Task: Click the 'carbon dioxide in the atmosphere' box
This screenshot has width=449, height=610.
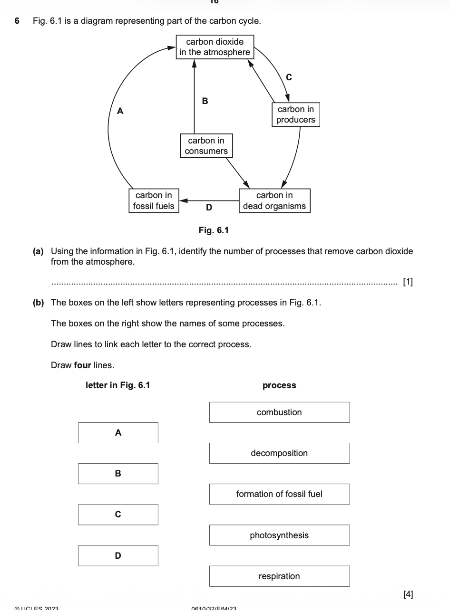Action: [x=215, y=47]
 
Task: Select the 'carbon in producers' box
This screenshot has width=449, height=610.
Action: [x=295, y=114]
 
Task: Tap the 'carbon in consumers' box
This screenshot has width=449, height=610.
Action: [x=206, y=146]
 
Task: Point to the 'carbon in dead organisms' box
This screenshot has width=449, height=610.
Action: [x=274, y=200]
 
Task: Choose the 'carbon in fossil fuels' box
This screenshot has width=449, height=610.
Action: [x=154, y=200]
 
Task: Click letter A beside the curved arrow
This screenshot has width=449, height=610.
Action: [x=120, y=111]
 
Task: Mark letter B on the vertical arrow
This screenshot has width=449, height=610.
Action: [x=205, y=101]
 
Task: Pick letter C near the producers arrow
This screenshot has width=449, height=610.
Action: [x=289, y=76]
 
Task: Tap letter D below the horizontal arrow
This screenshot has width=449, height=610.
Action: [x=209, y=208]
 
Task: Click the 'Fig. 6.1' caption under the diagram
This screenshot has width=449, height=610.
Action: [x=214, y=230]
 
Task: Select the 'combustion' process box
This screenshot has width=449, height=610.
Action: [x=279, y=412]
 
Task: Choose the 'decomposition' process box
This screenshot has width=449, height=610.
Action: [x=279, y=453]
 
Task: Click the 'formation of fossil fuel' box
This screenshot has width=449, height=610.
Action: [x=279, y=494]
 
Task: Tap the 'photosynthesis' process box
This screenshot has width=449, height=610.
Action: [x=279, y=535]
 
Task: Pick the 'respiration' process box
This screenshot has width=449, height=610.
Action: [x=279, y=576]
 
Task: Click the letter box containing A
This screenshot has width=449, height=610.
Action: [x=118, y=433]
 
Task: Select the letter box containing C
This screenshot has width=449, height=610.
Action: [x=118, y=515]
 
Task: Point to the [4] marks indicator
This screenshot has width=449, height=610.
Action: [x=408, y=594]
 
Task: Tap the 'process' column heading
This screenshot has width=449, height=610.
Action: [x=279, y=385]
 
